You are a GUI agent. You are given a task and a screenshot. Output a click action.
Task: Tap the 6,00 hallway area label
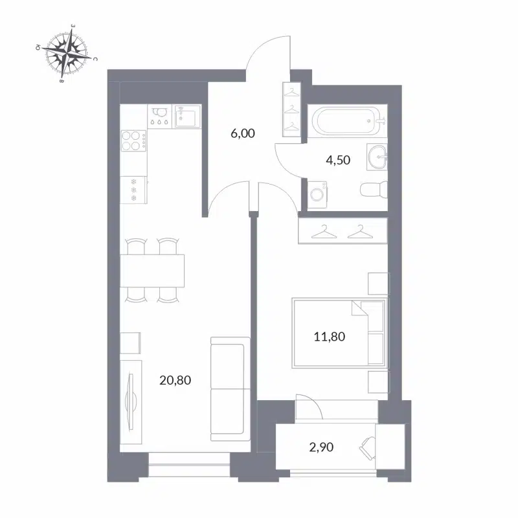243,134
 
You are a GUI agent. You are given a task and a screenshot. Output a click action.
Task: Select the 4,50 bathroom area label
337,161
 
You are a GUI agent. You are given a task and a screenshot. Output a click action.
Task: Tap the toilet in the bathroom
373,190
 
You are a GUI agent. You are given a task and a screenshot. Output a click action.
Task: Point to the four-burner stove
133,141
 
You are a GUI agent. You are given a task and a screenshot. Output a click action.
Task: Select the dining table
153,270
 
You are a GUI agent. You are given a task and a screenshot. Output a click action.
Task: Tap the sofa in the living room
229,388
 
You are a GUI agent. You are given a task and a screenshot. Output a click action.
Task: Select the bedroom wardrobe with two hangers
343,230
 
